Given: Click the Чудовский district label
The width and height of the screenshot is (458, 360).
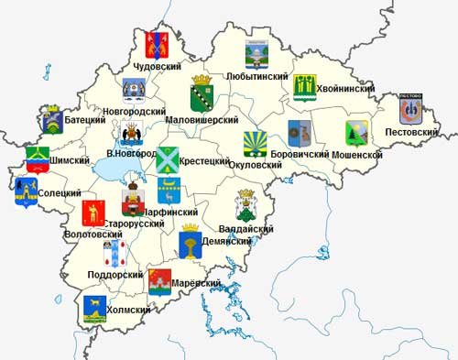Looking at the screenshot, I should [158, 66].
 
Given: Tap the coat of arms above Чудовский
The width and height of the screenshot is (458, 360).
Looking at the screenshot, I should [158, 45].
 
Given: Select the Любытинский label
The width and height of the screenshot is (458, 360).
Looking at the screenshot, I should [257, 77].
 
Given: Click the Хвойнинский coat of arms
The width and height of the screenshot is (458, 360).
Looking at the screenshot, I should [304, 86].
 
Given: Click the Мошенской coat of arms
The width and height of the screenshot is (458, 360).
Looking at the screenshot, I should [355, 135].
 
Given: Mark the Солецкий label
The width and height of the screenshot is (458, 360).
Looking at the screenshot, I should [60, 193].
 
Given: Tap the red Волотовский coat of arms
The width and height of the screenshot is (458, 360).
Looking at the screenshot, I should [93, 213].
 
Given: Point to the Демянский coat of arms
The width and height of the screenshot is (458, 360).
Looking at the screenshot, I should [191, 244].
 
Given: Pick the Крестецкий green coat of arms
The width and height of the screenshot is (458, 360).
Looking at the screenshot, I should [168, 159].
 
